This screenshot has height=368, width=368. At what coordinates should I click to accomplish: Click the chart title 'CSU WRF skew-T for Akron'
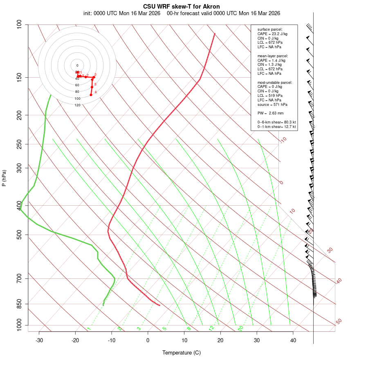(x=181, y=7)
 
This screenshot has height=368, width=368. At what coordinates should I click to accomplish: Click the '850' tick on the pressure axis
(x=19, y=304)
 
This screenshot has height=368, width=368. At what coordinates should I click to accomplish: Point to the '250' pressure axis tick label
(x=19, y=144)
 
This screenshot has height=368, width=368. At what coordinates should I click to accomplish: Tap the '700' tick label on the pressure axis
(x=19, y=279)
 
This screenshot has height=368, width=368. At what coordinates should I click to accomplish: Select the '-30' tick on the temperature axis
(x=39, y=340)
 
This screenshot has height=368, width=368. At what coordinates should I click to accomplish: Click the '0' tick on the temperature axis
(x=148, y=340)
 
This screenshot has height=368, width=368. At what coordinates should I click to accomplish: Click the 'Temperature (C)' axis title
(x=181, y=352)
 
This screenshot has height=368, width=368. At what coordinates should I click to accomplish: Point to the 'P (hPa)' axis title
(x=4, y=178)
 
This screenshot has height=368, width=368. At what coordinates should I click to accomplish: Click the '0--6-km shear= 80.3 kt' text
(x=276, y=122)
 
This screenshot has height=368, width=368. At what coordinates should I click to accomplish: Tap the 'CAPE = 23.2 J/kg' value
(x=272, y=34)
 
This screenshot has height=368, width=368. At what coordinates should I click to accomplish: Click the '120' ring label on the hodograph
(x=77, y=105)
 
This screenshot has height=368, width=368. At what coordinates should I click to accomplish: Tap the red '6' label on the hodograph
(x=96, y=92)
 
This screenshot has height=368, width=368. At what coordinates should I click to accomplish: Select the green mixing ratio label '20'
(x=240, y=328)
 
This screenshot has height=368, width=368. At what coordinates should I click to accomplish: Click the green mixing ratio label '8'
(x=189, y=328)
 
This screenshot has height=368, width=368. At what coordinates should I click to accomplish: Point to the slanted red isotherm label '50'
(x=339, y=321)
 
